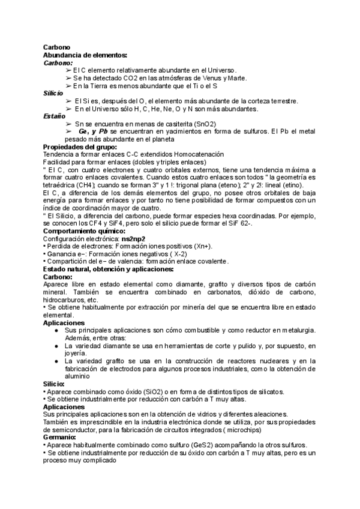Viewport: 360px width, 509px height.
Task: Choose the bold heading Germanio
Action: point(59,438)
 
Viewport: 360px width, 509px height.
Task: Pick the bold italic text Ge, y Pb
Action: point(94,131)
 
